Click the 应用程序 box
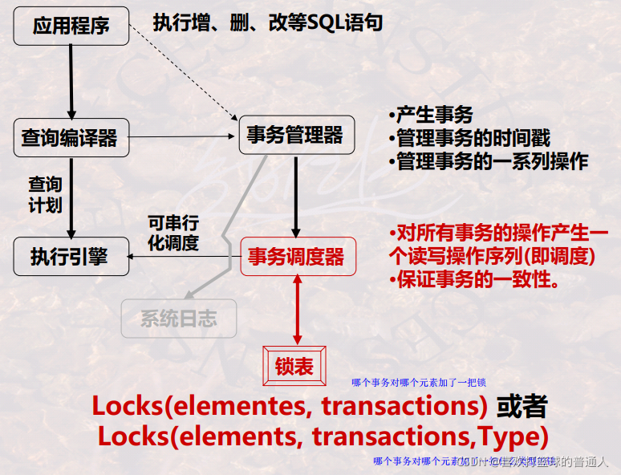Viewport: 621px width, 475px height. point(71,26)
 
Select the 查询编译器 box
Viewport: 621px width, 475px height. point(70,138)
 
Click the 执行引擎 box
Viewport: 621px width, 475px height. point(70,256)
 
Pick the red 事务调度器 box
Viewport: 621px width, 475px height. point(296,257)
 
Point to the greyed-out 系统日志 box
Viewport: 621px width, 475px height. point(178,318)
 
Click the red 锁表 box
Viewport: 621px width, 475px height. point(294,367)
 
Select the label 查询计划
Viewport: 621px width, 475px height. point(45,194)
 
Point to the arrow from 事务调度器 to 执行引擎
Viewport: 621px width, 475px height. point(185,257)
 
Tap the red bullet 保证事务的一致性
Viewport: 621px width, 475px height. point(473,280)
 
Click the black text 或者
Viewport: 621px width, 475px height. point(522,406)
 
